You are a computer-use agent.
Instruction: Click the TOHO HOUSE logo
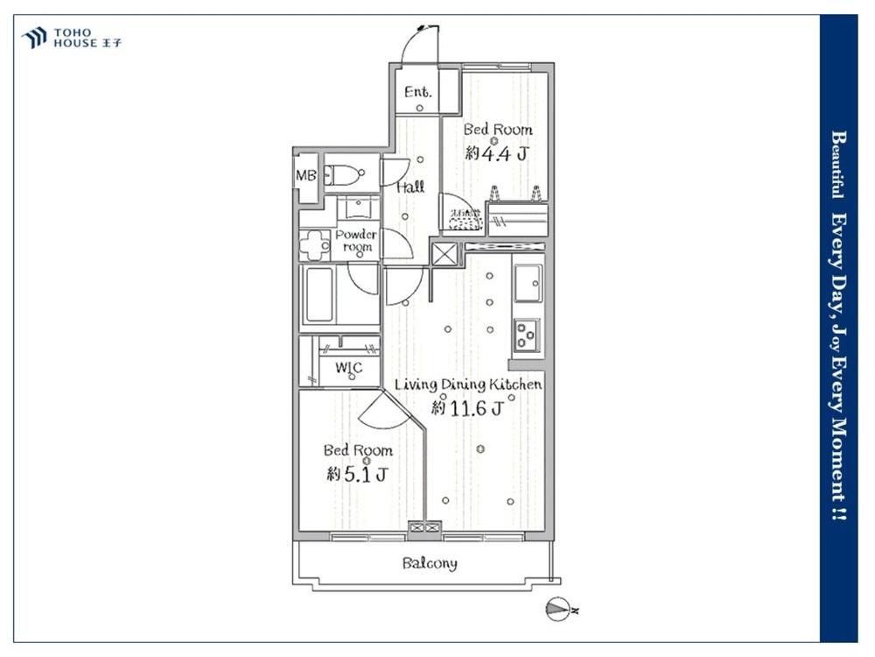(x=71, y=38)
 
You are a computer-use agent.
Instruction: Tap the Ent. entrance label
(x=417, y=90)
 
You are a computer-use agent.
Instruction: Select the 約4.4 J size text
(x=497, y=153)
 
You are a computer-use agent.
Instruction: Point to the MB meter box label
(x=305, y=175)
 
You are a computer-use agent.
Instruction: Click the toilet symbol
(x=342, y=175)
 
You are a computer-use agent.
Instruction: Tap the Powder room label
(x=356, y=241)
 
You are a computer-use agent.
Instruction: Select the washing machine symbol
(x=314, y=244)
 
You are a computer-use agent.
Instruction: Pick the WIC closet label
(x=348, y=368)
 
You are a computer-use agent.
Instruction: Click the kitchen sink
(x=528, y=282)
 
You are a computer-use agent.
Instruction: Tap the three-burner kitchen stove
(x=526, y=333)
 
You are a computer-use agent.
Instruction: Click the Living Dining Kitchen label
(x=468, y=385)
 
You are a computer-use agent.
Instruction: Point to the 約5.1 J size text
(x=357, y=474)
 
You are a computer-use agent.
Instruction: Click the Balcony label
(x=429, y=563)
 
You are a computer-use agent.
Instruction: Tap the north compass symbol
(x=557, y=608)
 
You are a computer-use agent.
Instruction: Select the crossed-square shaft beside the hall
(x=444, y=256)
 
